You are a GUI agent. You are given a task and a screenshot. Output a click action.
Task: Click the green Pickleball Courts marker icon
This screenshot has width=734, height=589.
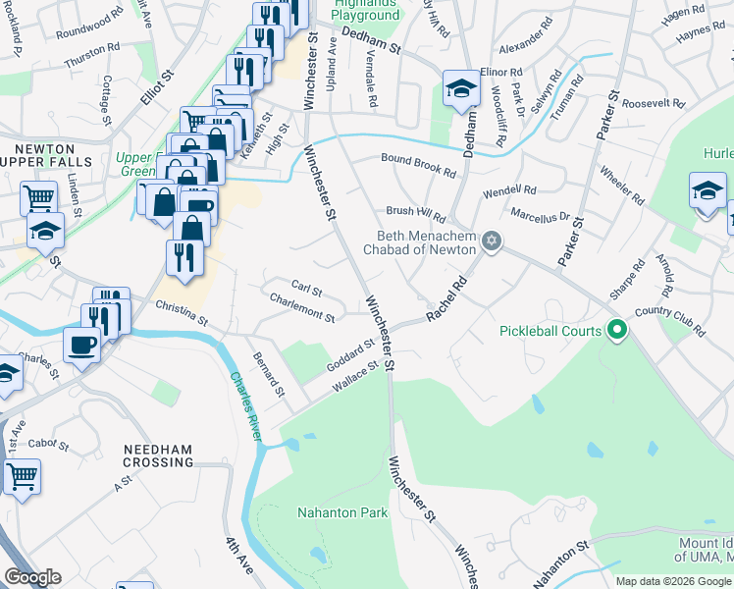(x=616, y=331)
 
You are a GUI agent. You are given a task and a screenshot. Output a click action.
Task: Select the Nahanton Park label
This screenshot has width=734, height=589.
(x=342, y=512)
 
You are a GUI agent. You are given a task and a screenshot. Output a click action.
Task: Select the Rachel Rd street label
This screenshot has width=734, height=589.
(x=446, y=300)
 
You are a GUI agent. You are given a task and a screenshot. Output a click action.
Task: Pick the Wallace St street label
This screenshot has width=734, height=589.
(x=354, y=377)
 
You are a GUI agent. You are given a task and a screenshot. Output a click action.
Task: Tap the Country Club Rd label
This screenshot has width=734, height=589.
(x=670, y=321)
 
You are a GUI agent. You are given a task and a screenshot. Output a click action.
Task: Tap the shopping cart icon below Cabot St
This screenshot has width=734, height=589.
(x=22, y=476)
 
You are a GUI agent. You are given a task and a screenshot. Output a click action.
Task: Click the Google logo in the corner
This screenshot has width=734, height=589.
(x=32, y=577)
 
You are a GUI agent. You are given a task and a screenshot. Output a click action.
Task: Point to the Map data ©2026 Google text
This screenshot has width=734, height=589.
(x=673, y=581)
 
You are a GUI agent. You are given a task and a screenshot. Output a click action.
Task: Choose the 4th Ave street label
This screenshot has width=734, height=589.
(x=238, y=557)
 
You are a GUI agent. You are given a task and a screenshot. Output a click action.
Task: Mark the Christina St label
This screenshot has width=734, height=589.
(x=182, y=313)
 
